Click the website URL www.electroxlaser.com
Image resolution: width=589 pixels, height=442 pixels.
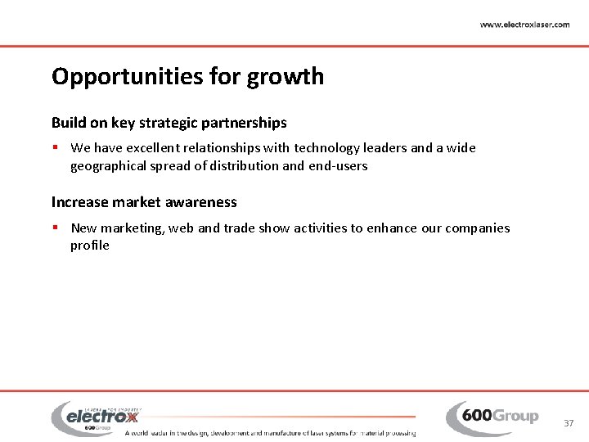pos(524,25)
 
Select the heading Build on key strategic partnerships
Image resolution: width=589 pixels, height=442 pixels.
pos(169,123)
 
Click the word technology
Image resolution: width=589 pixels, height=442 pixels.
pos(333,148)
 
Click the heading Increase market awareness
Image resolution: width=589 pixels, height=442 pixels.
pos(144,202)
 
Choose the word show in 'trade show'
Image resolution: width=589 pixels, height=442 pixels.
pos(274,228)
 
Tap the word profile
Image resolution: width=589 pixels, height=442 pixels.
pos(90,246)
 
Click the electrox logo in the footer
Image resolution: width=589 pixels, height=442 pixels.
pos(96,417)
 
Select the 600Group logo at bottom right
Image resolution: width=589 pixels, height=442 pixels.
pos(492,417)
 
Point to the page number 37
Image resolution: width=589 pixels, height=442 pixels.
pos(569,423)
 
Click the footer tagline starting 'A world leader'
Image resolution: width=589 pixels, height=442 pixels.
pos(270,433)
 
